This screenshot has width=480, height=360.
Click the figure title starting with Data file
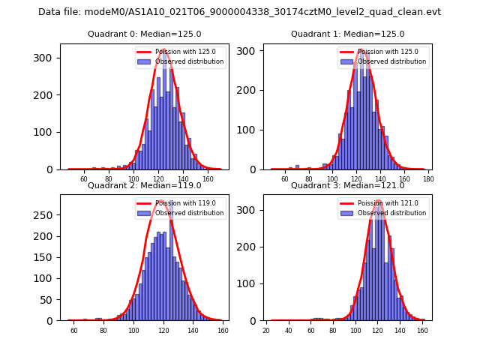pyautogui.click(x=239, y=12)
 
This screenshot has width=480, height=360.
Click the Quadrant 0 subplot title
pyautogui.click(x=145, y=34)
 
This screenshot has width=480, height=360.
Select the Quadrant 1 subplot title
pyautogui.click(x=347, y=34)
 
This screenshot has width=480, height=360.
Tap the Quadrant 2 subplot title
pyautogui.click(x=145, y=185)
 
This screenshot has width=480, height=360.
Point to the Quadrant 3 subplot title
pyautogui.click(x=347, y=185)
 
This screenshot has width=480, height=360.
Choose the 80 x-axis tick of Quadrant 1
pyautogui.click(x=308, y=179)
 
